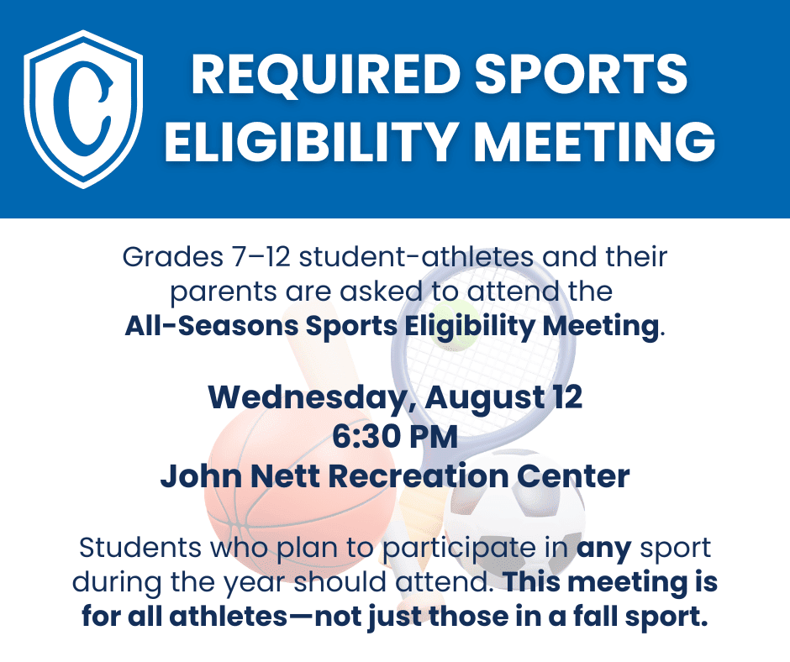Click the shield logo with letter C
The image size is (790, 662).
(83, 109)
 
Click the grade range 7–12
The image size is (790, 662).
(261, 257)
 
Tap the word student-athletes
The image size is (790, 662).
(416, 257)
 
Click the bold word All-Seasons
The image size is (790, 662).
(212, 326)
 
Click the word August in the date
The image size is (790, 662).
(484, 399)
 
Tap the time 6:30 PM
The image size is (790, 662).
(395, 437)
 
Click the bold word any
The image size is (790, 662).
(603, 549)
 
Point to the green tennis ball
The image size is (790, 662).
(455, 325)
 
